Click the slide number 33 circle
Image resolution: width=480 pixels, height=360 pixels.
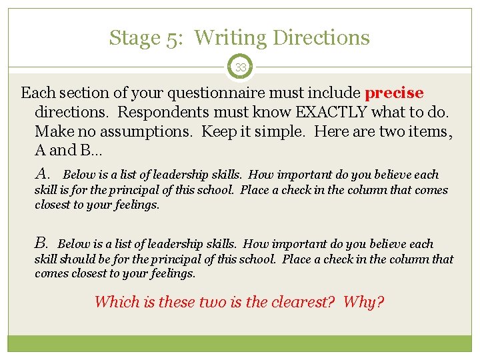tap(240, 67)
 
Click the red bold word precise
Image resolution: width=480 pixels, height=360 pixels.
tap(394, 93)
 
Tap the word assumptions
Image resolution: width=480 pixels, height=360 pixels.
tap(133, 131)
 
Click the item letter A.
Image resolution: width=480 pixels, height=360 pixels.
tap(43, 174)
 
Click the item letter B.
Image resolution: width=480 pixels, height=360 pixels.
tap(41, 243)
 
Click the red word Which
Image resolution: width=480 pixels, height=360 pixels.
tap(115, 302)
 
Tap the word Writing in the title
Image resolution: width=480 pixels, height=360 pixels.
tap(231, 38)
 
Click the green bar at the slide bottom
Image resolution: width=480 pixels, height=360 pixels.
tap(240, 343)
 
